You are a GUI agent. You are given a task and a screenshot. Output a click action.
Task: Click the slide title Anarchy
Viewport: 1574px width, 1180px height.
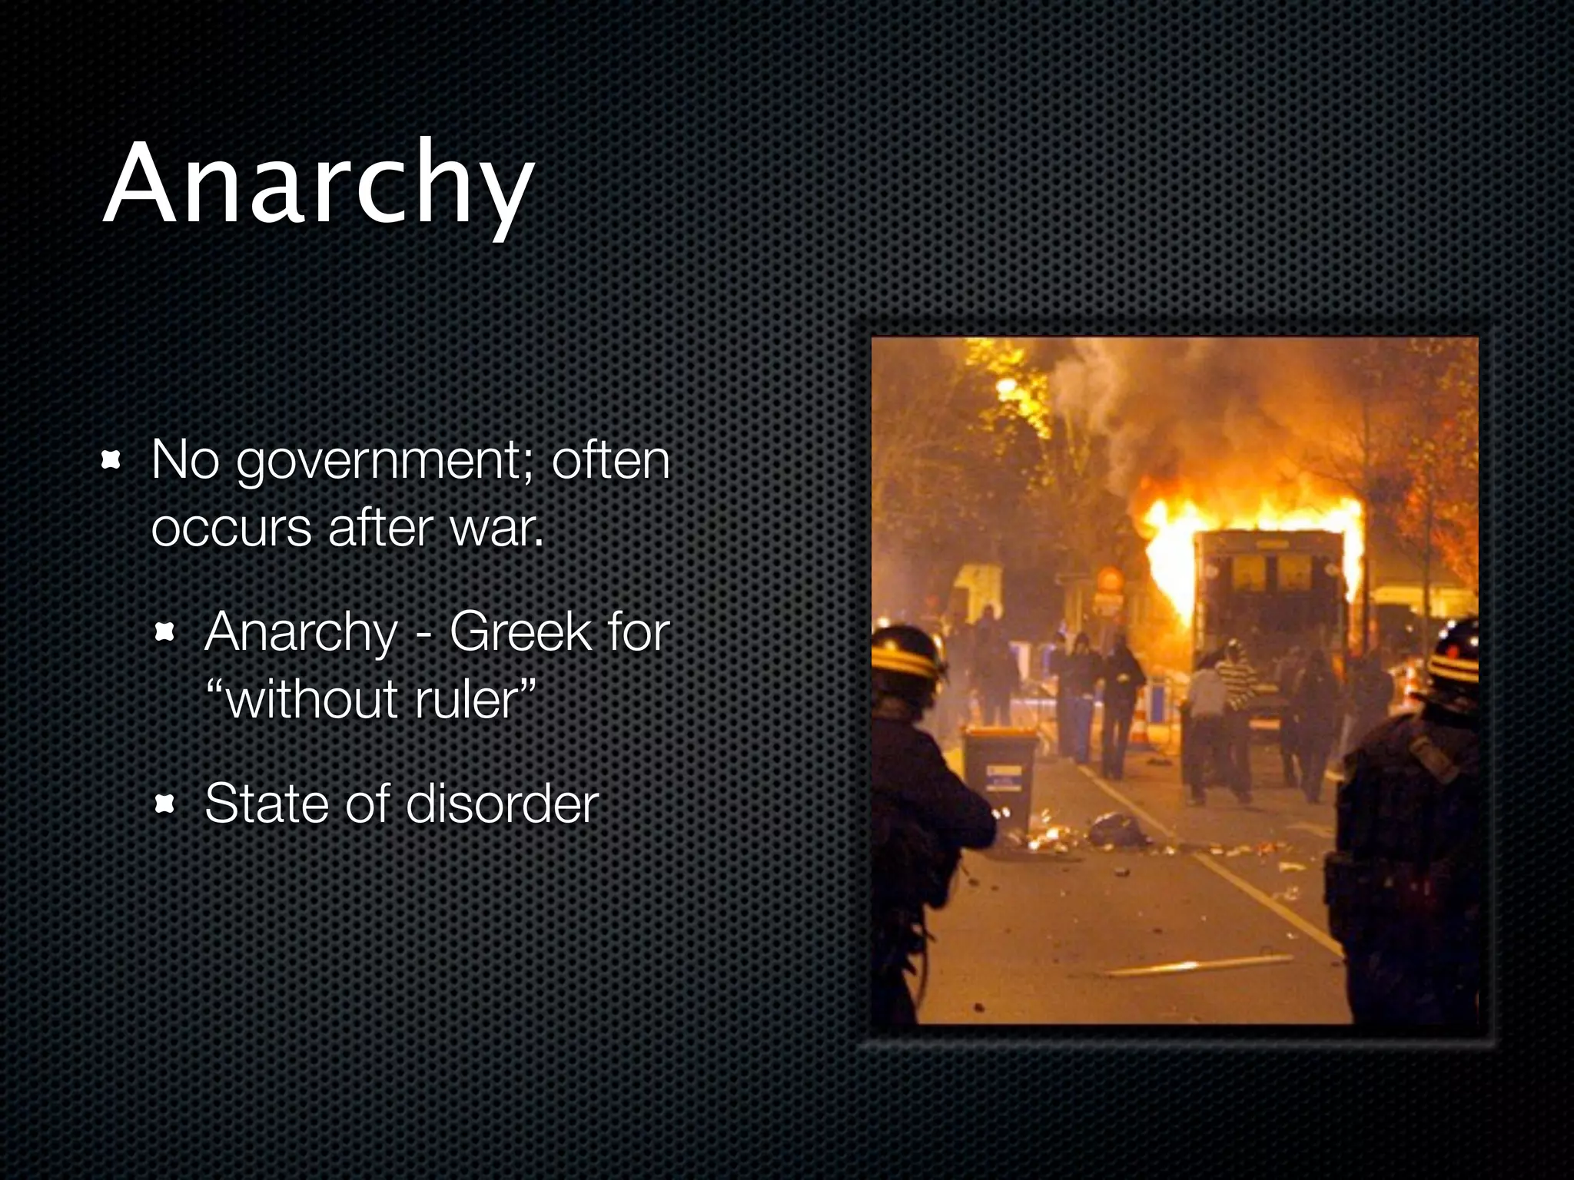(318, 184)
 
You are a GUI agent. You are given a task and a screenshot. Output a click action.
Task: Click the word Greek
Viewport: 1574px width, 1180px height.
(521, 632)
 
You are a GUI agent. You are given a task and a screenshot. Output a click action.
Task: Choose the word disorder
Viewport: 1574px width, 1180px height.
(501, 804)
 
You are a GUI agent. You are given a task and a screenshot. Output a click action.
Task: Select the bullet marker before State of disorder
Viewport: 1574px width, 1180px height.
(164, 804)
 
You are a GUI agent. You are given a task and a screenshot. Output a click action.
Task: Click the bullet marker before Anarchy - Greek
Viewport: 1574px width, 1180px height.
(164, 633)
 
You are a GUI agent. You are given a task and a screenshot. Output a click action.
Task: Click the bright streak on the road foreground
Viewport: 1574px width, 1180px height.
(1199, 966)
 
